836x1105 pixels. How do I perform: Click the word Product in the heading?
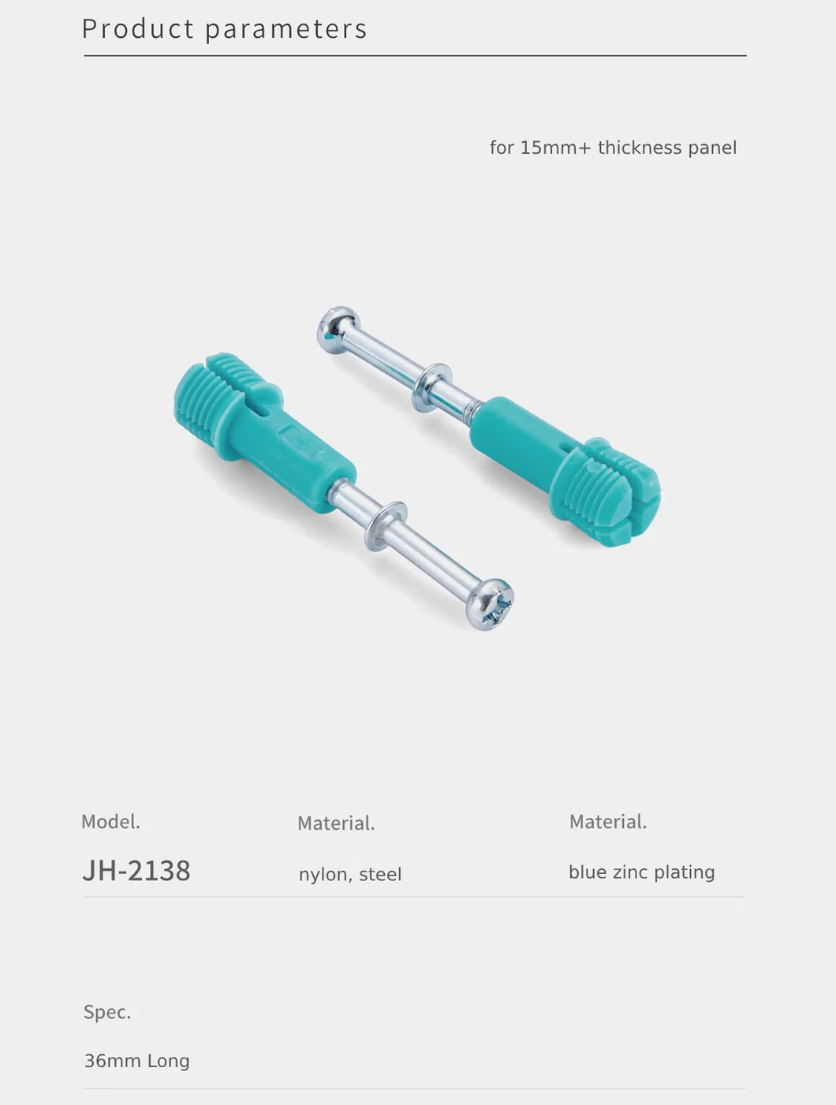pos(138,28)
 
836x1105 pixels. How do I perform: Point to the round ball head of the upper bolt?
pos(338,328)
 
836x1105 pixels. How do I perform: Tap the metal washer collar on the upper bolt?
pos(431,387)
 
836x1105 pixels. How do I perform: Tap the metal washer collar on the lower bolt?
pos(386,525)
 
